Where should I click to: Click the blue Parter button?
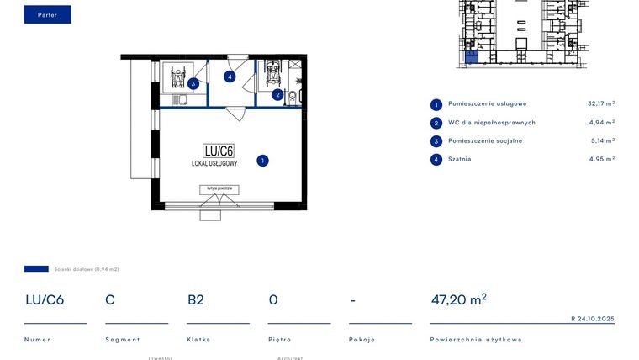tap(47, 14)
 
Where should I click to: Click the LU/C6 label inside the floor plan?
tap(218, 151)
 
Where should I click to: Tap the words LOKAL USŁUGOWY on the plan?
tap(214, 163)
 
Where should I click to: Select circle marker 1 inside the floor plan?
tap(262, 160)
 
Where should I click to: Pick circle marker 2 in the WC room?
tap(277, 95)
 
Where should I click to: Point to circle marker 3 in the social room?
tap(193, 83)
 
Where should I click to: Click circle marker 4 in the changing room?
tap(230, 77)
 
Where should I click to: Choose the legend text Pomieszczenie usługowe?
tap(488, 104)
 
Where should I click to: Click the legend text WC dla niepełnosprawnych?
tap(492, 123)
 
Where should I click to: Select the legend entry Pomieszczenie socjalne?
tap(485, 141)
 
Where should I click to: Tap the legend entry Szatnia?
tap(460, 159)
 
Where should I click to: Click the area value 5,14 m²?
tap(602, 141)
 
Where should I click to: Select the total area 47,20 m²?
tap(458, 299)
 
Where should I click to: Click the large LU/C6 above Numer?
tap(45, 299)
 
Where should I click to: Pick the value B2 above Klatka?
tap(195, 299)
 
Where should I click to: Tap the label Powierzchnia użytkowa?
tap(476, 340)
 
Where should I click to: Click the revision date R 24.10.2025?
tap(593, 319)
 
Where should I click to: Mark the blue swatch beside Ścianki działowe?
tap(36, 269)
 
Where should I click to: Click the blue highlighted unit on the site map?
tap(472, 57)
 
